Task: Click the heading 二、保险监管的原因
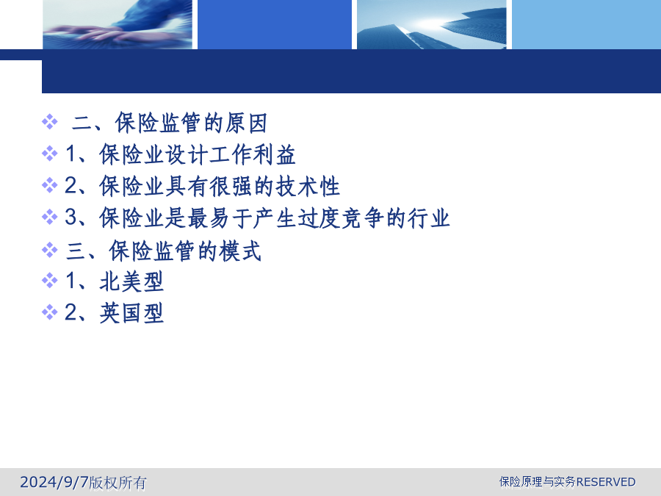[170, 123]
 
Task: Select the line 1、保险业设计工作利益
[181, 154]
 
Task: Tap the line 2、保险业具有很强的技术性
[203, 186]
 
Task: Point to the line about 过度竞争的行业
[257, 218]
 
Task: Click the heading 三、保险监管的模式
[164, 251]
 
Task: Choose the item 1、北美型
[115, 281]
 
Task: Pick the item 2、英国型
[115, 313]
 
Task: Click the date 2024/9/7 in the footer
[54, 482]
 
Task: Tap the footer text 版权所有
[118, 483]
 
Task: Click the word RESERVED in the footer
[606, 481]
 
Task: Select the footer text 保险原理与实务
[538, 481]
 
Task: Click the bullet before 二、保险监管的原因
[50, 121]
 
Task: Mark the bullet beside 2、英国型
[50, 312]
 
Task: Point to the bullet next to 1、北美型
[50, 280]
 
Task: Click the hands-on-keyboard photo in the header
[118, 24]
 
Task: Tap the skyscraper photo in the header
[432, 24]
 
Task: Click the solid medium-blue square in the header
[275, 24]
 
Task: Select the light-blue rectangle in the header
[586, 24]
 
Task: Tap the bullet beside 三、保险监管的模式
[50, 249]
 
